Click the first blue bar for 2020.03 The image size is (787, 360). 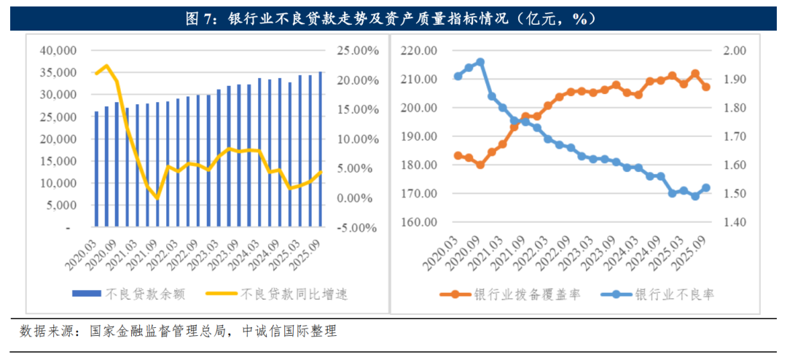click(96, 169)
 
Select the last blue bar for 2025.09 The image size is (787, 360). click(321, 149)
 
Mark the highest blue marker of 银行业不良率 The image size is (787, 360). click(480, 63)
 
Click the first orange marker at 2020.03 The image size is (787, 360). click(458, 155)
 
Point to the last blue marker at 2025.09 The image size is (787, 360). click(705, 188)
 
